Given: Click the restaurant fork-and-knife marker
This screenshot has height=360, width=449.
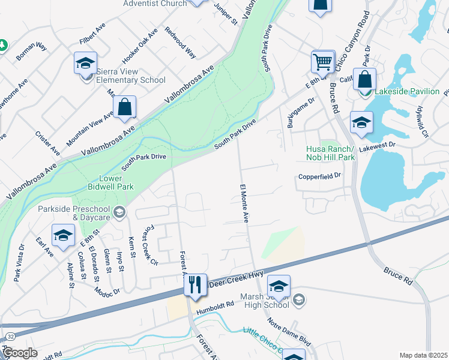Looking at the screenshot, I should (x=195, y=284).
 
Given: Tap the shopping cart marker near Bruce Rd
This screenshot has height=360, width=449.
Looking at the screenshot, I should (x=323, y=61).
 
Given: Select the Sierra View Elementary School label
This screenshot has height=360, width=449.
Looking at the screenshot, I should (x=131, y=76).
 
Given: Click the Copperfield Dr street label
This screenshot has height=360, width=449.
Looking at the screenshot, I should (x=319, y=176).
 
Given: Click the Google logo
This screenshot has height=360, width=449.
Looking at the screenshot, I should (x=19, y=353).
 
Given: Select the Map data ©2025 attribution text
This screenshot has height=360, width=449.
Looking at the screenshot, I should (x=423, y=355).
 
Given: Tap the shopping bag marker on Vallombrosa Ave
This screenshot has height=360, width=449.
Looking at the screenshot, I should (x=124, y=107).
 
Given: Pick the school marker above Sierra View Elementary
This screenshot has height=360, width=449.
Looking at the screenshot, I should (x=86, y=62).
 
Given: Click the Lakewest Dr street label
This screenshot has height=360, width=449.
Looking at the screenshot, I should (x=377, y=145).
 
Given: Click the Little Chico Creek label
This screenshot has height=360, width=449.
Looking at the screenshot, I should (x=264, y=340).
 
